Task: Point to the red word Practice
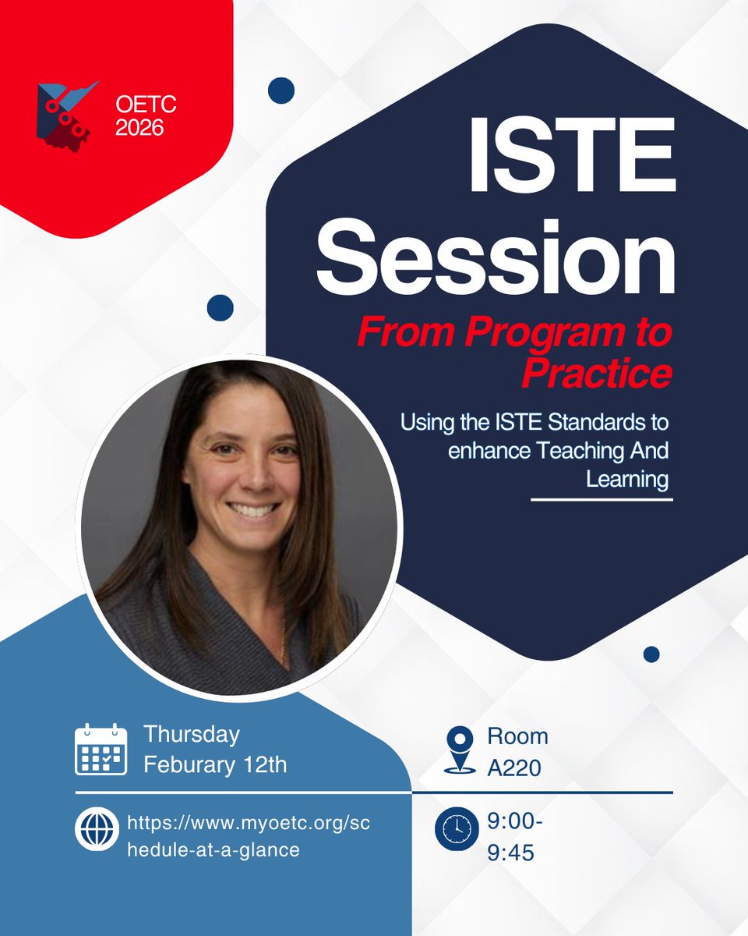597,374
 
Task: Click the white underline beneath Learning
601,499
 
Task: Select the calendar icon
101,750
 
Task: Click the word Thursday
192,735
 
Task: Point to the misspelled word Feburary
188,764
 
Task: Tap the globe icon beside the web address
97,831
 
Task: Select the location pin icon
460,750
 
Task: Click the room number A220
515,769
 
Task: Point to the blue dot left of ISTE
280,90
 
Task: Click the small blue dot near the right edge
651,654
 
